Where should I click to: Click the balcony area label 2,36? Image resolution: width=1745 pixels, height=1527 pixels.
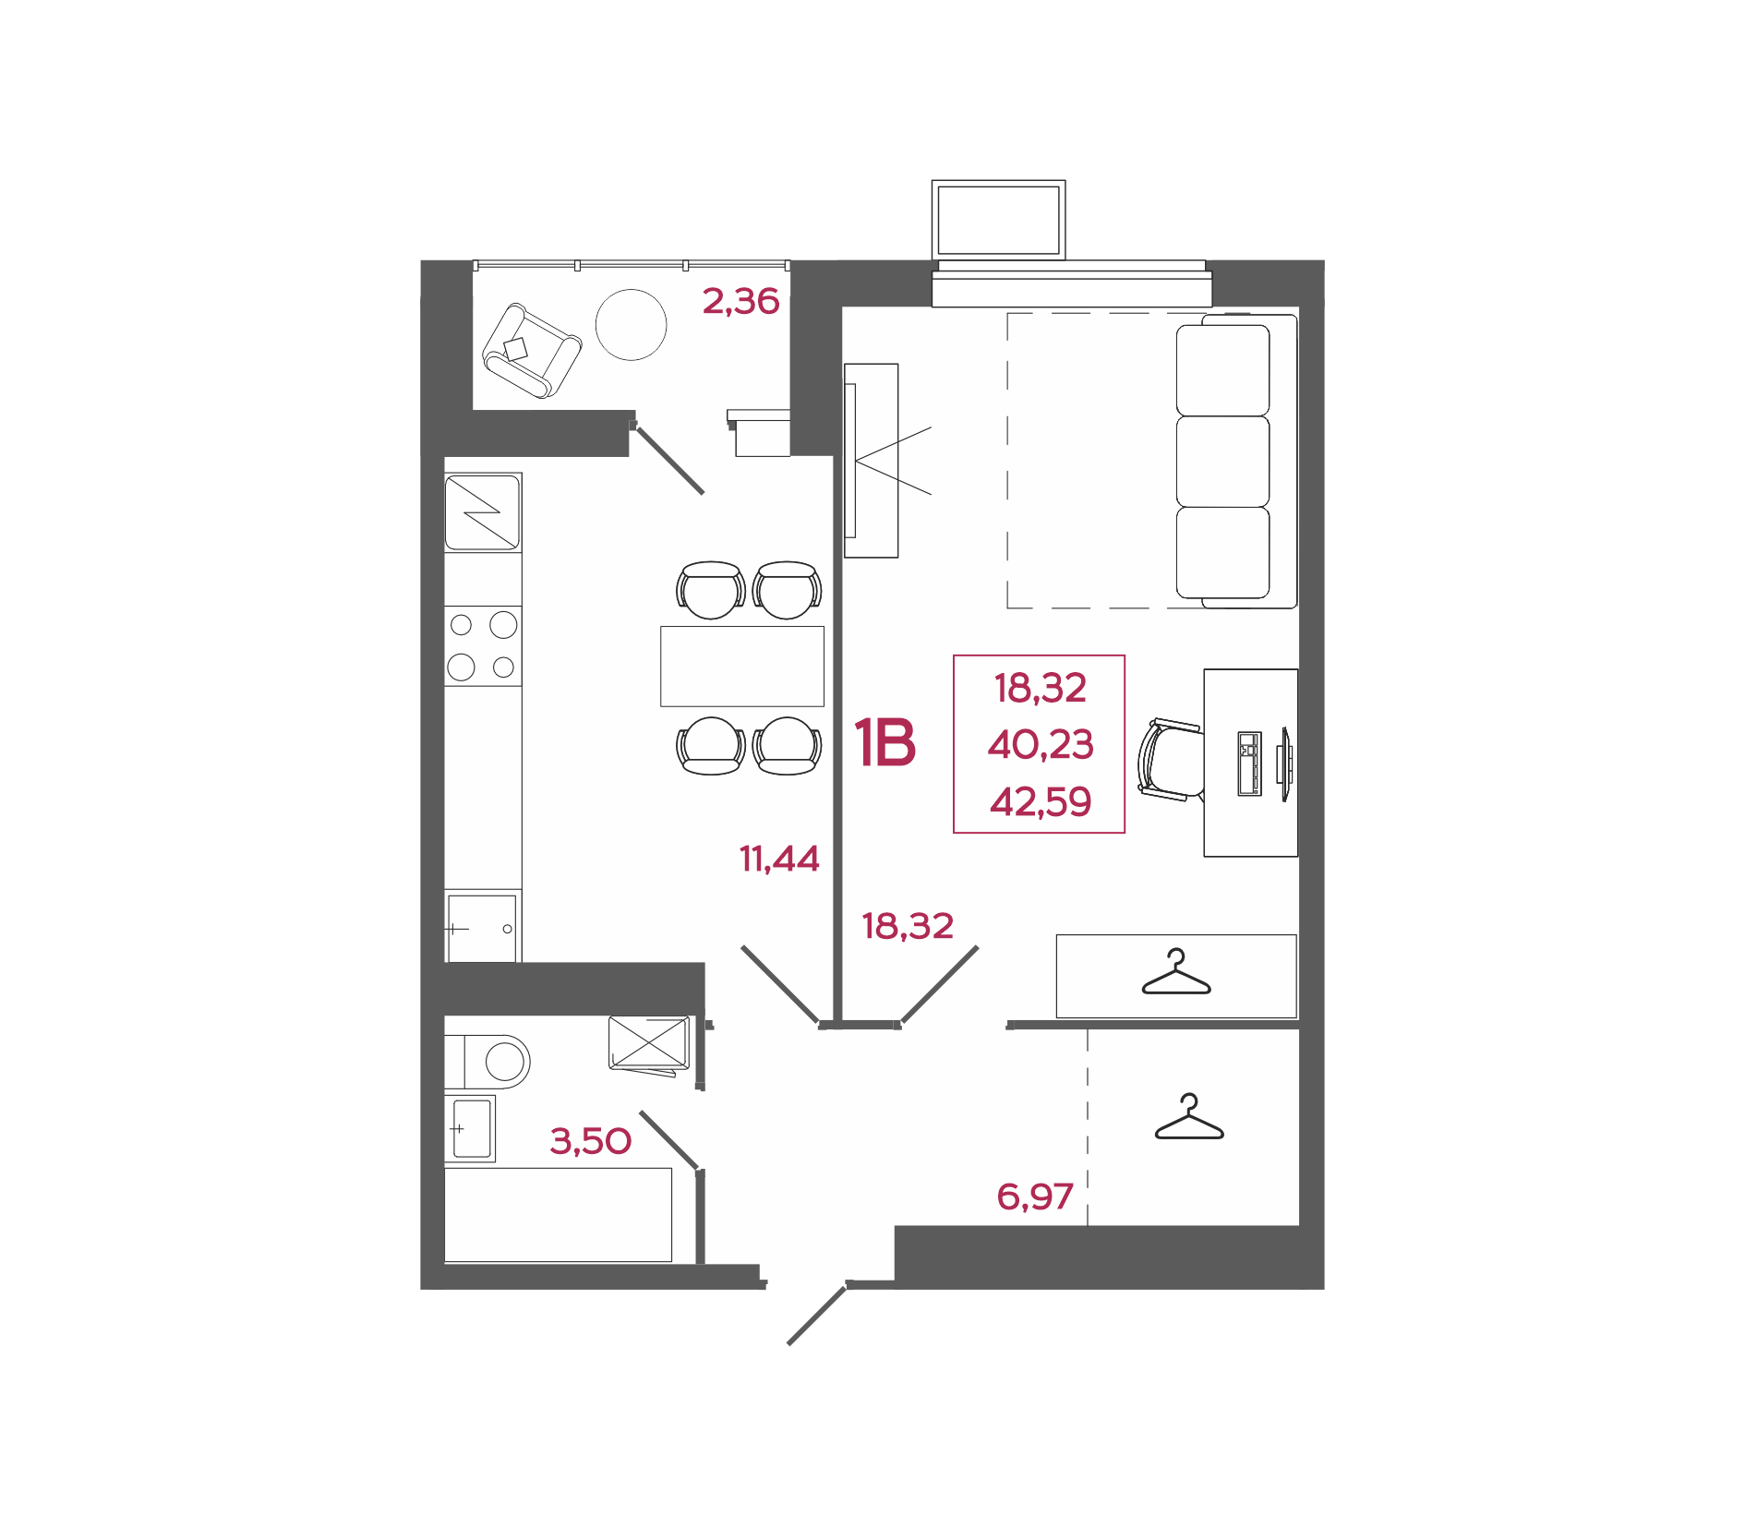(x=740, y=301)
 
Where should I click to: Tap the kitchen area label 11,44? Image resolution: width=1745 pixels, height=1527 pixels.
(x=779, y=860)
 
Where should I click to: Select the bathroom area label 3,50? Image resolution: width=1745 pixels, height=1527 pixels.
(x=591, y=1141)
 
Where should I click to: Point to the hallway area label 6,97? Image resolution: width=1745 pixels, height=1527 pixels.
(x=1035, y=1196)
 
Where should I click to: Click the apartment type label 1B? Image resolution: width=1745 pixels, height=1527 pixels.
(x=885, y=742)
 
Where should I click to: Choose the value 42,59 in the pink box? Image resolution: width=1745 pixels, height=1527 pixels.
(x=1041, y=801)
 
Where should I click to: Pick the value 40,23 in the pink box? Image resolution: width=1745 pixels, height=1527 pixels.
(x=1041, y=744)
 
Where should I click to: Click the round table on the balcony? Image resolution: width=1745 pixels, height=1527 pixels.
(x=632, y=325)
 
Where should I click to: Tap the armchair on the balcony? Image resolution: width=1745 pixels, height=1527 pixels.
(x=532, y=351)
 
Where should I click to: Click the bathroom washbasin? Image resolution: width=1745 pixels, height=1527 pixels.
(x=471, y=1128)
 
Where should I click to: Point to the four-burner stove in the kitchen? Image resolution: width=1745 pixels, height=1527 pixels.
(x=483, y=646)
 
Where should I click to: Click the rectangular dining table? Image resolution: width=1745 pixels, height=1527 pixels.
(x=742, y=667)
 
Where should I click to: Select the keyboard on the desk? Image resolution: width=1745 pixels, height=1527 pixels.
(x=1249, y=763)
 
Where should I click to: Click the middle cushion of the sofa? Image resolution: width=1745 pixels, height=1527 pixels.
(x=1222, y=462)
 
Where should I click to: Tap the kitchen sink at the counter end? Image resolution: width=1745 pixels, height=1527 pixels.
(x=483, y=927)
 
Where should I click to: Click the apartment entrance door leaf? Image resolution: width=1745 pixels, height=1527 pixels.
(x=817, y=1315)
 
